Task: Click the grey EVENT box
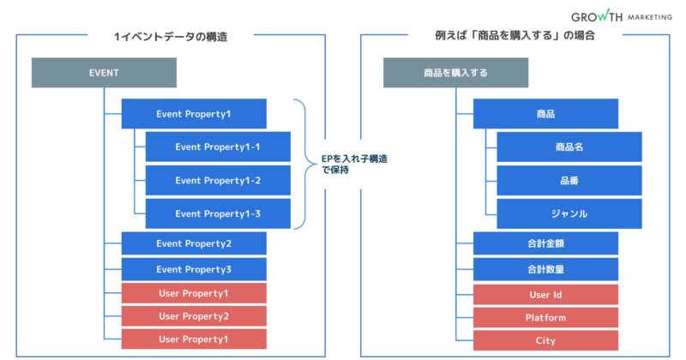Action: click(104, 73)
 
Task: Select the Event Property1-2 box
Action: click(218, 180)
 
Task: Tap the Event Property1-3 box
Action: click(218, 213)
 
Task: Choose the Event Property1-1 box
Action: click(218, 147)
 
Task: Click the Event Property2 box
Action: click(194, 243)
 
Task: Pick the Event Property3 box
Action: click(194, 269)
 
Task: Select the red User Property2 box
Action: click(194, 316)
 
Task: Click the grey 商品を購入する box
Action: click(455, 73)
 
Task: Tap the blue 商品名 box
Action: click(569, 147)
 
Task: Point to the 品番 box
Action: click(569, 180)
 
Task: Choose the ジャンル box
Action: click(569, 213)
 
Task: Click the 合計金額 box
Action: click(545, 243)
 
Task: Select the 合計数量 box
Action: click(545, 269)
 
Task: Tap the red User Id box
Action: click(545, 295)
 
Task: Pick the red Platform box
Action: click(545, 317)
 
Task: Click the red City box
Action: click(545, 339)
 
